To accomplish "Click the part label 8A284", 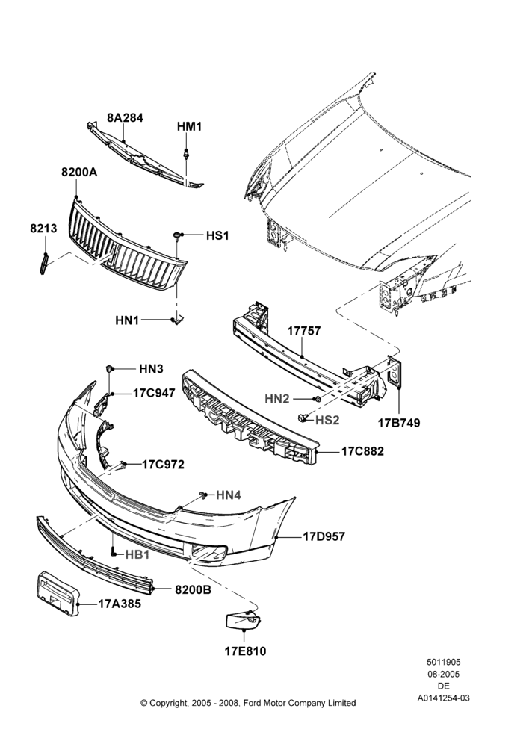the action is [125, 118].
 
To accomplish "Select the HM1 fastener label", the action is [189, 127].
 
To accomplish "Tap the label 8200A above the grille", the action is [79, 173].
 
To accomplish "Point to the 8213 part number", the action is [43, 229].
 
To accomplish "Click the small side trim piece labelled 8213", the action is [44, 264].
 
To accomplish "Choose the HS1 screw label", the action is [217, 236].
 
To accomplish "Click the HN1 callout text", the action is [127, 320].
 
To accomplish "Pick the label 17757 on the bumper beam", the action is [304, 331].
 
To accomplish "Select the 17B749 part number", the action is [399, 423].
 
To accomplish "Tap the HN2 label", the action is [277, 399].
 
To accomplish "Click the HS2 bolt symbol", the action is [302, 418].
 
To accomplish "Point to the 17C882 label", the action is [362, 452].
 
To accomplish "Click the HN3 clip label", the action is [151, 369].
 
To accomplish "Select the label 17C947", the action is [153, 394].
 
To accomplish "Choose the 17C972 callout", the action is [163, 465].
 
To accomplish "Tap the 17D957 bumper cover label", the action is [324, 537].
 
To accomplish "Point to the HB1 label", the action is [137, 555].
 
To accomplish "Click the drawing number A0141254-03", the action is [444, 698].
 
